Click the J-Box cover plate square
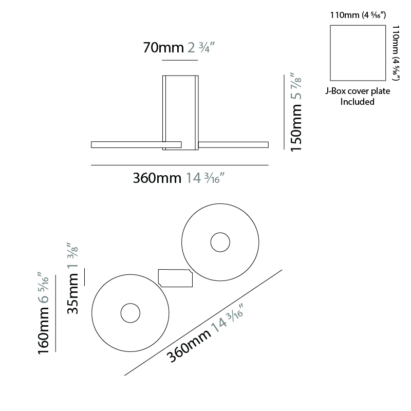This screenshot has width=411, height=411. coord(358,53)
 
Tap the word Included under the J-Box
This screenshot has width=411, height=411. coord(357,102)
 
